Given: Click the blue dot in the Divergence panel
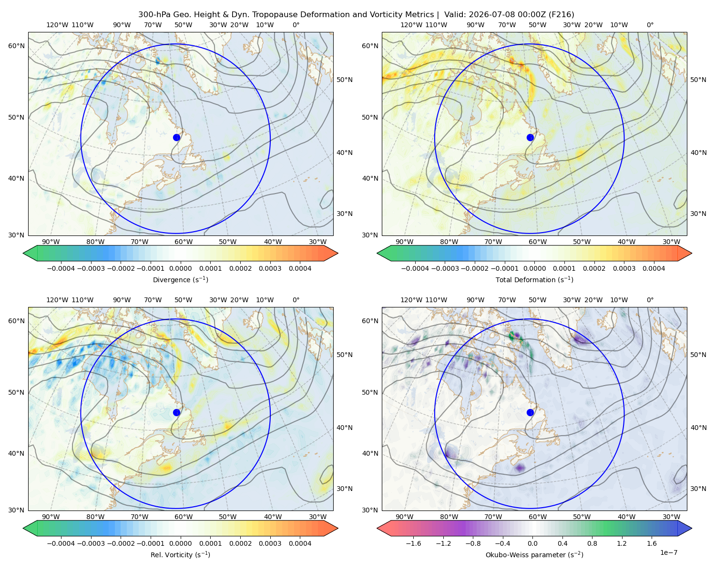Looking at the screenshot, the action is click(176, 138).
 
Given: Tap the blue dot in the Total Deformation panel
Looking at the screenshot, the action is click(530, 138).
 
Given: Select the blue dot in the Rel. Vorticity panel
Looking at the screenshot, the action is click(176, 412).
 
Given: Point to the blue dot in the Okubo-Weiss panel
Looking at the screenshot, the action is click(530, 412).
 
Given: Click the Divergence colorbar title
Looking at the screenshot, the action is click(180, 280).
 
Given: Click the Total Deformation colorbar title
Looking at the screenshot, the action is click(534, 280).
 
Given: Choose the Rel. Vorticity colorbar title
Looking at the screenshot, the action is click(180, 555).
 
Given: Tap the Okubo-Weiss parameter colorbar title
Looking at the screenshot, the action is click(534, 555).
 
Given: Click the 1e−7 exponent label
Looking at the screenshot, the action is click(668, 553).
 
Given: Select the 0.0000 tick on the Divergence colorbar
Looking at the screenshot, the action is click(180, 268).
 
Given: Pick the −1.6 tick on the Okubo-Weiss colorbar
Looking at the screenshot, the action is click(414, 543).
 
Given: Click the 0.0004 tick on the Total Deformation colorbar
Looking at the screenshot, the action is click(654, 268).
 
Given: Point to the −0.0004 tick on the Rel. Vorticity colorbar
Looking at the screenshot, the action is click(61, 543).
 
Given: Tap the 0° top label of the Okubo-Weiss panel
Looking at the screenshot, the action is click(650, 300).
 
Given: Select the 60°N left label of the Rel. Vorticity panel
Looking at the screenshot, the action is click(16, 321).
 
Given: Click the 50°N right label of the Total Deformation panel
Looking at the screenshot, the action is click(698, 80).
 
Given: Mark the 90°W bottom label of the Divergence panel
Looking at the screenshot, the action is click(51, 242).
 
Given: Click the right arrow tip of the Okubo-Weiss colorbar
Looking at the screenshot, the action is click(692, 528).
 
